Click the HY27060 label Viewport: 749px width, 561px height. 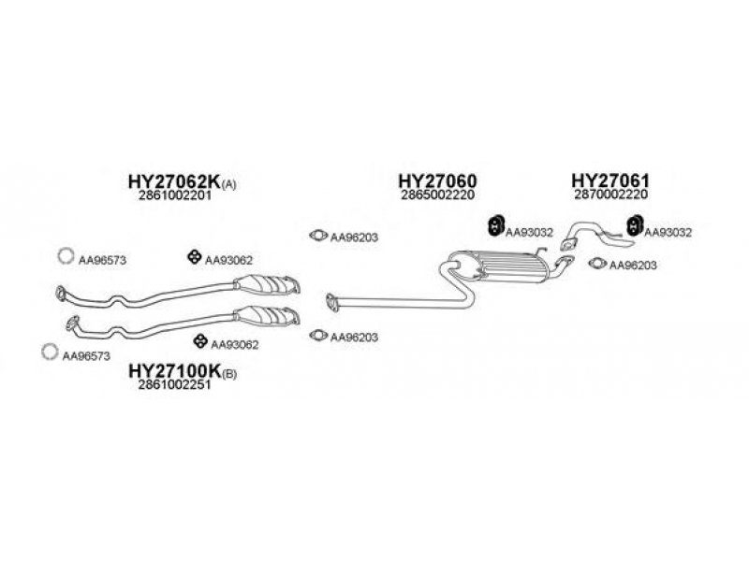click(x=437, y=181)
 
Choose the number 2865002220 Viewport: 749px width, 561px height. click(x=438, y=197)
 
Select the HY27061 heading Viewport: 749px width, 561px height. click(x=610, y=180)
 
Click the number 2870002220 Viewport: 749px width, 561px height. click(x=611, y=196)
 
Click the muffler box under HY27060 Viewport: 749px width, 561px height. click(x=505, y=266)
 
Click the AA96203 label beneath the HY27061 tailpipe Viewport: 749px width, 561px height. click(x=633, y=265)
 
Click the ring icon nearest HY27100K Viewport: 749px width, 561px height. click(x=49, y=352)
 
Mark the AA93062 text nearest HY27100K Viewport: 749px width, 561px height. click(x=235, y=345)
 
